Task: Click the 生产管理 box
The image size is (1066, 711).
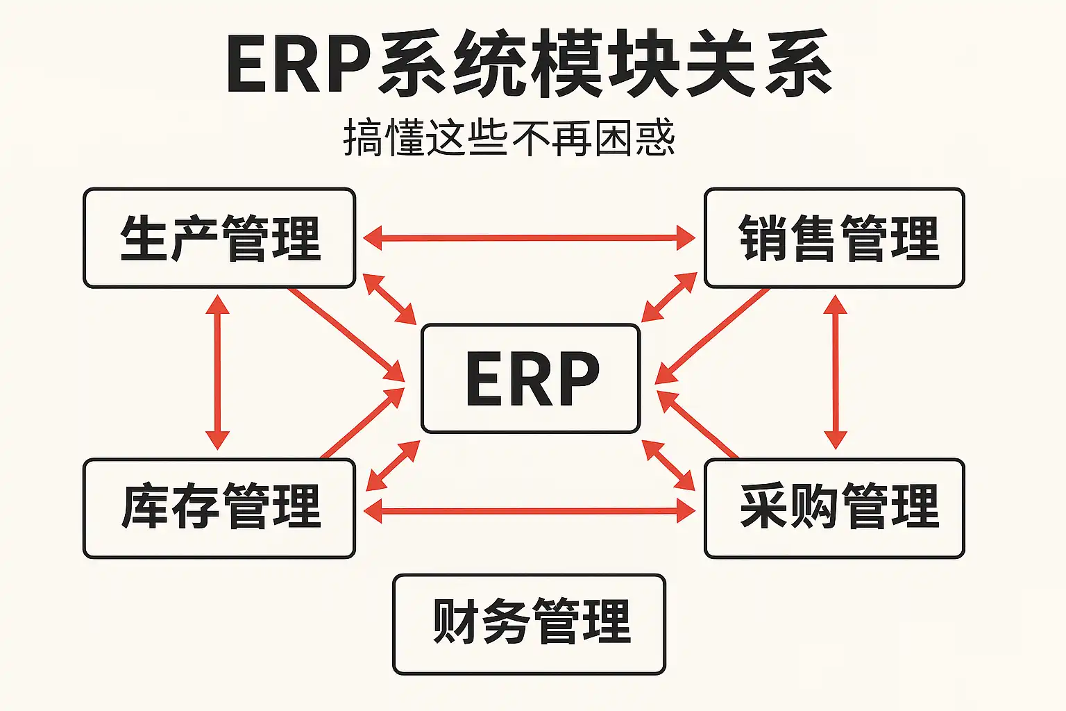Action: [219, 238]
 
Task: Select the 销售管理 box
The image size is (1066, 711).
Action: [834, 238]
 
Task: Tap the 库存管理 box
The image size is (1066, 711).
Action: [219, 508]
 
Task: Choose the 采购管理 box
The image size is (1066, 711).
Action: [834, 508]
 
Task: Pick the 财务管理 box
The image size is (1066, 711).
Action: [529, 624]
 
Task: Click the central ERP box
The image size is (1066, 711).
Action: [531, 378]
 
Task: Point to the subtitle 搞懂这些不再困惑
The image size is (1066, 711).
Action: [509, 137]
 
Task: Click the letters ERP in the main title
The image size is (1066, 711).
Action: [298, 64]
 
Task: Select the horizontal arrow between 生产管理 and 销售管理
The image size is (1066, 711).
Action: [529, 238]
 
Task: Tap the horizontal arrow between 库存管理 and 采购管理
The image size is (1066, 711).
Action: [529, 512]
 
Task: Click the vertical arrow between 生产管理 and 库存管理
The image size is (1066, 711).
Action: [217, 372]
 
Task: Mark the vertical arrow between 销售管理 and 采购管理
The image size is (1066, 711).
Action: [835, 372]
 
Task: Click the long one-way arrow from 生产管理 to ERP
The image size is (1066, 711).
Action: [346, 334]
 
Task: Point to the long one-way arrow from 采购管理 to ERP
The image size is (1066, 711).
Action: [697, 424]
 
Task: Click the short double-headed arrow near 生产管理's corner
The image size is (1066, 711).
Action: [389, 299]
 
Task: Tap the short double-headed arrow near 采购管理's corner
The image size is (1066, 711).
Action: [668, 465]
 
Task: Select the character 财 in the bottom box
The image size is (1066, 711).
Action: [455, 621]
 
